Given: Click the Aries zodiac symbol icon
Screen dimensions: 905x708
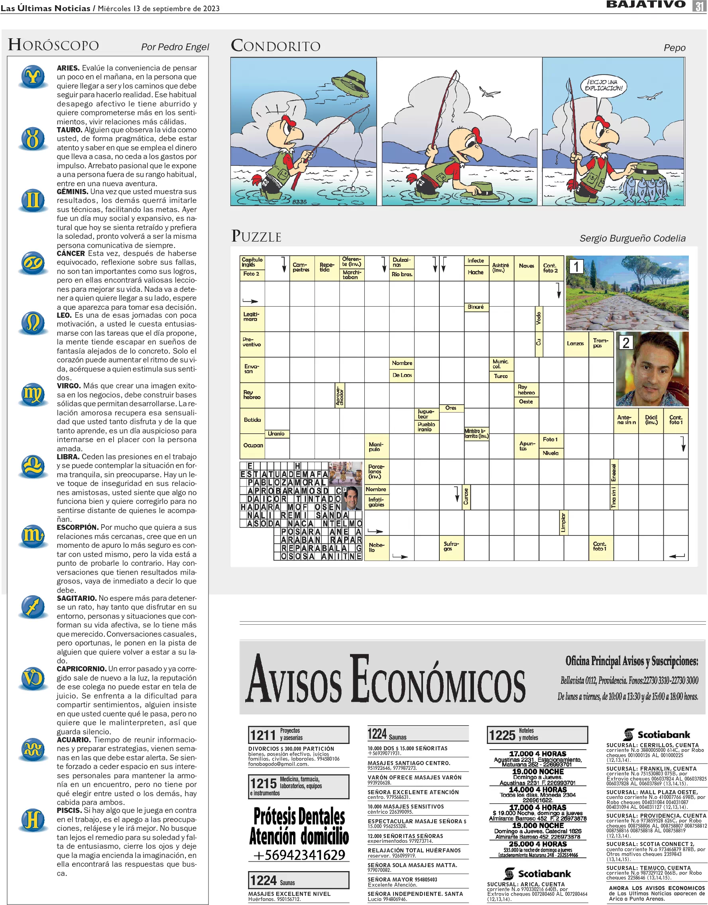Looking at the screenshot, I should coord(33,77).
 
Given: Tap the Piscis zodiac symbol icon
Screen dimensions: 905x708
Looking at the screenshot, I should coord(33,820).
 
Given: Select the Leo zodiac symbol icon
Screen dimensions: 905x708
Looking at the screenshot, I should coord(33,323).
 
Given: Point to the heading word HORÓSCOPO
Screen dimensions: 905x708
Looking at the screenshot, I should coord(53,45).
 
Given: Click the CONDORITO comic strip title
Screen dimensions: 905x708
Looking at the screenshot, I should coord(275,45).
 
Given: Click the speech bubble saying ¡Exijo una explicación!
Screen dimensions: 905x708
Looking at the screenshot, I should coord(604,85).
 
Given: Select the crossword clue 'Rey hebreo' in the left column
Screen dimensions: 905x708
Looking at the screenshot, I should coord(252,395).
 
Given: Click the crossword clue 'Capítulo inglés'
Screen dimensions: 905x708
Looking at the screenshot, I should coord(252,262).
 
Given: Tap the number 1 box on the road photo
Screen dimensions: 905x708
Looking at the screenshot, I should coord(576,267).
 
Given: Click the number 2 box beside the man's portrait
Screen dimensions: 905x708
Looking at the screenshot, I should coord(625,342).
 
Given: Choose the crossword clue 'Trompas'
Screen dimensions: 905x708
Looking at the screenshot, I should coord(600,343).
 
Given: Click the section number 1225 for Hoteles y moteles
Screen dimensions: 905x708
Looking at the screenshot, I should coord(502,736).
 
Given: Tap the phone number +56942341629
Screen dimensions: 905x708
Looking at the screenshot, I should coord(299,855).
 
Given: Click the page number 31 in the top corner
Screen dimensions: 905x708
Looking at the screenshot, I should coord(698,6).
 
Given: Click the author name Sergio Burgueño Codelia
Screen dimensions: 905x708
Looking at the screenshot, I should coord(632,238).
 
